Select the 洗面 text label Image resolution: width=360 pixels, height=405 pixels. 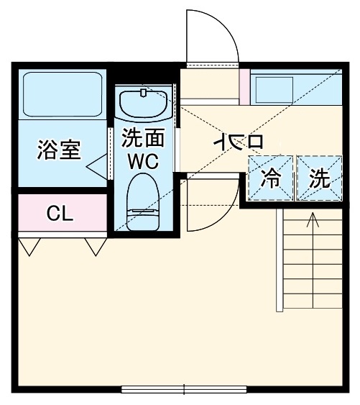point(142,137)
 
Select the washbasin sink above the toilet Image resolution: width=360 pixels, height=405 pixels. point(142,105)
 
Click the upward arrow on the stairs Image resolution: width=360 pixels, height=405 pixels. point(313,219)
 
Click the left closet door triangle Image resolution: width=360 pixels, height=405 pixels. point(28,247)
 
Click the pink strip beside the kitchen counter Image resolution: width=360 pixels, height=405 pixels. point(245,87)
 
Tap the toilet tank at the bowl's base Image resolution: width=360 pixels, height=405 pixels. point(142,220)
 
